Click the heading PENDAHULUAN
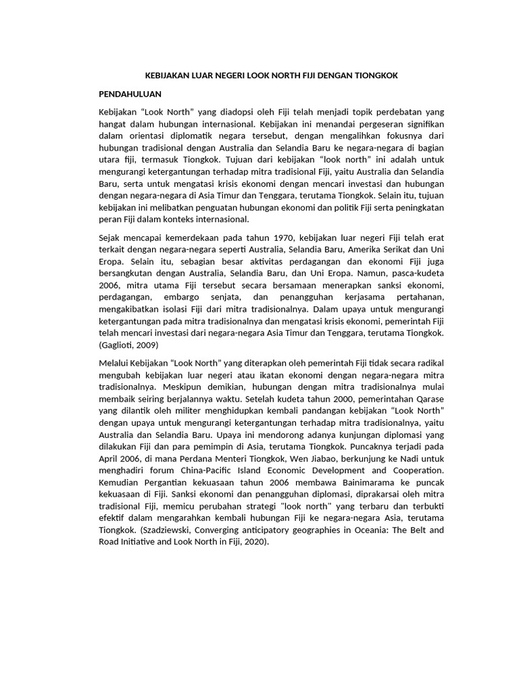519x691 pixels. tap(130, 93)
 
